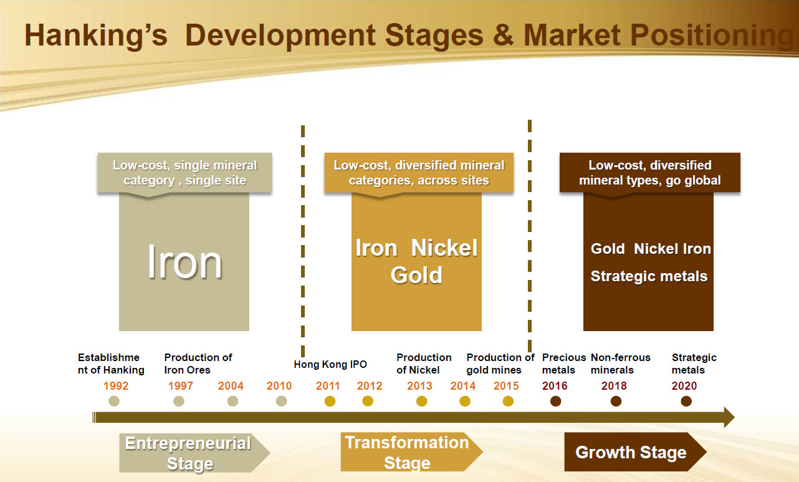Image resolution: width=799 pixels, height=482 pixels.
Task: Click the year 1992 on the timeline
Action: coord(115,386)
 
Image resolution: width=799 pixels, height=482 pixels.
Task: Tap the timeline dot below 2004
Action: coord(232,402)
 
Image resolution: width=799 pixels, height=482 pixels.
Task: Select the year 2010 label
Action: coord(279,386)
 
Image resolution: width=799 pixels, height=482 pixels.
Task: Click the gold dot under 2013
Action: coord(421,402)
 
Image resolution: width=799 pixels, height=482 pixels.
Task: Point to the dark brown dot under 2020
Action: coord(686,402)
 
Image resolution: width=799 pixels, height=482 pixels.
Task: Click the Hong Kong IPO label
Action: coord(330,364)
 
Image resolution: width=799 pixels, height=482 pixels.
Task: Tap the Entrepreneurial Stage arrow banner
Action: coord(194,453)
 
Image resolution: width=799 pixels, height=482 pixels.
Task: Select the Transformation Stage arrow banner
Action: coord(411,452)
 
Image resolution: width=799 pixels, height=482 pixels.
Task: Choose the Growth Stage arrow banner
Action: coord(635,452)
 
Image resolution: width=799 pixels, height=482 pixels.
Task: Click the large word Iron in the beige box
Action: coord(184,263)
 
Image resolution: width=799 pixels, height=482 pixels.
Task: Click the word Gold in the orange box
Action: coord(416,275)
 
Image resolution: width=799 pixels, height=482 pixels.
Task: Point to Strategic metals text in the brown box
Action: coord(649,276)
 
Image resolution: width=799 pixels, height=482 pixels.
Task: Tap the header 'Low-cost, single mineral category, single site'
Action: coord(184,173)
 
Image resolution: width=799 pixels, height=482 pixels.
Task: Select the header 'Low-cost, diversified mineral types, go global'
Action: coord(650,173)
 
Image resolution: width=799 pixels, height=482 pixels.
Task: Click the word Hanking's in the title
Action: coord(96,36)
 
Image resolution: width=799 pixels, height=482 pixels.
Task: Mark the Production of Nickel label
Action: coord(424,364)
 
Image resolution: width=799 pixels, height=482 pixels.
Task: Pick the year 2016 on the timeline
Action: coord(555,386)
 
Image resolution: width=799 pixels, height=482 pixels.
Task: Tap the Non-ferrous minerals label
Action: coord(620,364)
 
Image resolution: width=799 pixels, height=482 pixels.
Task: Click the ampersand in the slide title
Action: coord(504,35)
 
